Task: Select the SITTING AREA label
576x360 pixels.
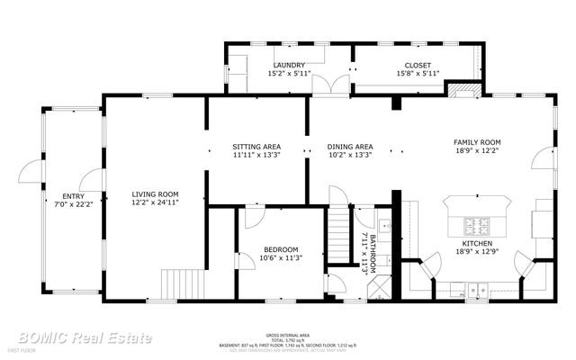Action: click(x=256, y=146)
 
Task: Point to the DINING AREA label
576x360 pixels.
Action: click(x=350, y=146)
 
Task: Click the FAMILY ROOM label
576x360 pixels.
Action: click(x=476, y=142)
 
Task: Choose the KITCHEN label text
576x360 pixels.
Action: click(x=476, y=244)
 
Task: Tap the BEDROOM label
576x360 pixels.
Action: click(x=281, y=249)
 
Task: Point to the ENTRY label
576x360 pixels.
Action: click(x=73, y=195)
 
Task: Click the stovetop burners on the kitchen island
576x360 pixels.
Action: click(x=475, y=223)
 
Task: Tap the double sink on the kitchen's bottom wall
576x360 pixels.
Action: click(x=475, y=290)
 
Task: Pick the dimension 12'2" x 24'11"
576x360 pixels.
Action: click(x=155, y=204)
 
